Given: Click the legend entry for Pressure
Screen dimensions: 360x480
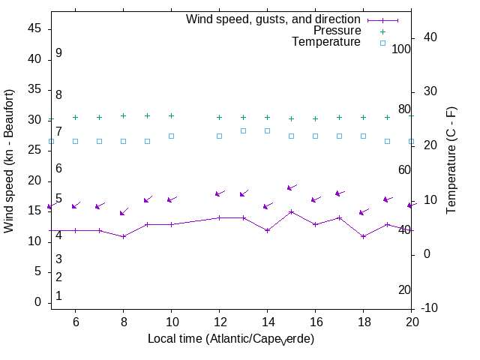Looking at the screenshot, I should coord(337,31).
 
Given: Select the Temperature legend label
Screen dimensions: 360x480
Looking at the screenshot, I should coord(326,42).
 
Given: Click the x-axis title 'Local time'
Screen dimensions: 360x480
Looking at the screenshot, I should coord(230,339).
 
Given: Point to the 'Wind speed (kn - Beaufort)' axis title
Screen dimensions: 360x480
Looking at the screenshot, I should coord(10,160).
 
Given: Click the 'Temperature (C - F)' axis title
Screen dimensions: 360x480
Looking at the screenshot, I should coord(452,160).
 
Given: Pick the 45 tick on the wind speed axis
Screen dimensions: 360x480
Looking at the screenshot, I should coord(34,28).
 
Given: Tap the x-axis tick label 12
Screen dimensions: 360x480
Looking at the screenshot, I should coord(219,321).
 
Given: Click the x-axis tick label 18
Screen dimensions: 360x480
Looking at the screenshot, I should coord(363,321).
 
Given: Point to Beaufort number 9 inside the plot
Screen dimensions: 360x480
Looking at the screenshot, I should coord(58,53).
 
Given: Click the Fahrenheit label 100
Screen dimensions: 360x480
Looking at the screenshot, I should coord(401,49).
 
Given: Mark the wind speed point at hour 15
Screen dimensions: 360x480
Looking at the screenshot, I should coord(291,211).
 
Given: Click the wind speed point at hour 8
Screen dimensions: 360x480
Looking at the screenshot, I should coord(123,236).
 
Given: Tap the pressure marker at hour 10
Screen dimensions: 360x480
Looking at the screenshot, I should coord(171,115).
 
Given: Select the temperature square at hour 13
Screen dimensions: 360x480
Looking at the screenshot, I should coord(243,130).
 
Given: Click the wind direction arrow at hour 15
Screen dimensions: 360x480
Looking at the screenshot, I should coord(292,187).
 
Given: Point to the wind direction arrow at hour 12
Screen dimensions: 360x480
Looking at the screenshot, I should coord(220,193).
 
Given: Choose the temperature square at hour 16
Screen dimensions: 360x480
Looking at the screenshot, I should coord(315,136).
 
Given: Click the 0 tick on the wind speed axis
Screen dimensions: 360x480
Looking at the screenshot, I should coord(37,302).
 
